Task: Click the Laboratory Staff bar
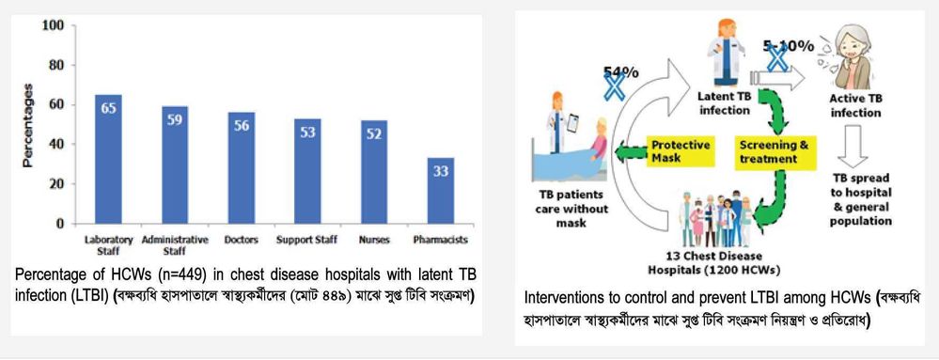[108, 160]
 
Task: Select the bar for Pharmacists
[441, 191]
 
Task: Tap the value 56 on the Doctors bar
[242, 126]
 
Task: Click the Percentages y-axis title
[27, 125]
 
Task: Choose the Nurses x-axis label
[374, 241]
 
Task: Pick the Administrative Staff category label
[175, 245]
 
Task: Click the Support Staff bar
[307, 171]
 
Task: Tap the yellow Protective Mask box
[681, 152]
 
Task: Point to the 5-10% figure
[788, 46]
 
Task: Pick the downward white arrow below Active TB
[853, 146]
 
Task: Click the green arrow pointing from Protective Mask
[629, 153]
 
